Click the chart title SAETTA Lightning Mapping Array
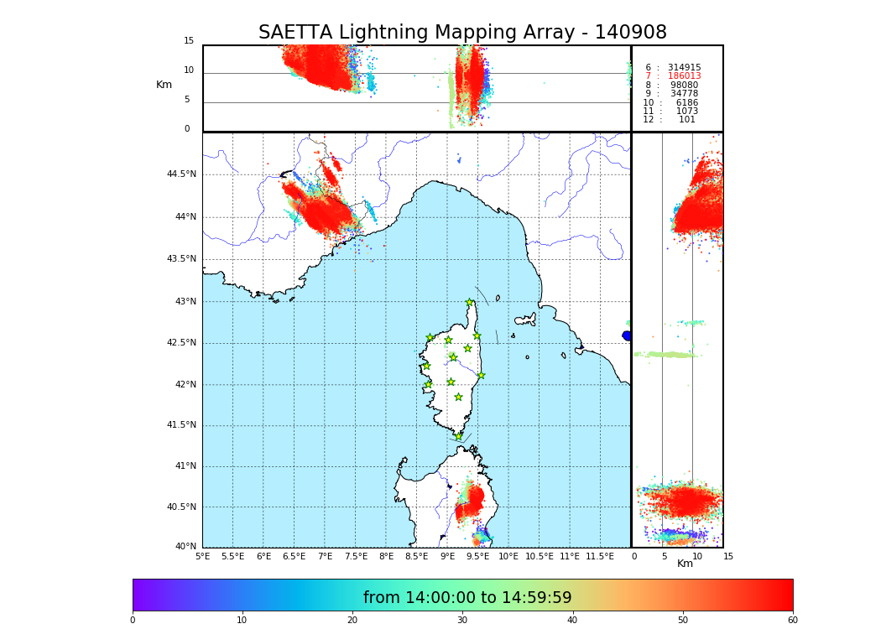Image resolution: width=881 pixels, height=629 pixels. [462, 33]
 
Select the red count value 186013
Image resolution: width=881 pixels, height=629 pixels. [684, 76]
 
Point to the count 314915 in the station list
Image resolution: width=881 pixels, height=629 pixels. [684, 68]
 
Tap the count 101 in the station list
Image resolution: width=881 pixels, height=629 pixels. [686, 120]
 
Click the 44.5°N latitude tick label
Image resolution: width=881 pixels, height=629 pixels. [181, 174]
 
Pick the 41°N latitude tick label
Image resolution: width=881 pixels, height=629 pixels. [184, 466]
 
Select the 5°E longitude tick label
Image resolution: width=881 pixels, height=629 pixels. [203, 556]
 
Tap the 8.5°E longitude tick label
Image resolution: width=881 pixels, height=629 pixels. [416, 556]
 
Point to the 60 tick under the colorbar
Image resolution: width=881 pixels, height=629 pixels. [792, 621]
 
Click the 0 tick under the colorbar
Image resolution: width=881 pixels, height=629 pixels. [133, 621]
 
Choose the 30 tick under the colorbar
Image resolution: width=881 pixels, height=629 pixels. [462, 621]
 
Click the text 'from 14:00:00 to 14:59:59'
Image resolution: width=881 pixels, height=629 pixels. [467, 598]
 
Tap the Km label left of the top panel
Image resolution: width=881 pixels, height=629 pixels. [164, 85]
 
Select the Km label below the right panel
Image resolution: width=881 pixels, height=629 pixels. [685, 564]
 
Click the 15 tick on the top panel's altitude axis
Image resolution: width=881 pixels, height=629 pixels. [189, 41]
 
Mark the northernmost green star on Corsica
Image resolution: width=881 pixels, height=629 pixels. [470, 303]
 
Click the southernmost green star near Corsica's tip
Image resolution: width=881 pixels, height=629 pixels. [459, 436]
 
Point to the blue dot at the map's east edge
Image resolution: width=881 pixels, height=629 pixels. [627, 335]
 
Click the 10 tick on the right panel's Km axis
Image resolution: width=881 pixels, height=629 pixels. [696, 556]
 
